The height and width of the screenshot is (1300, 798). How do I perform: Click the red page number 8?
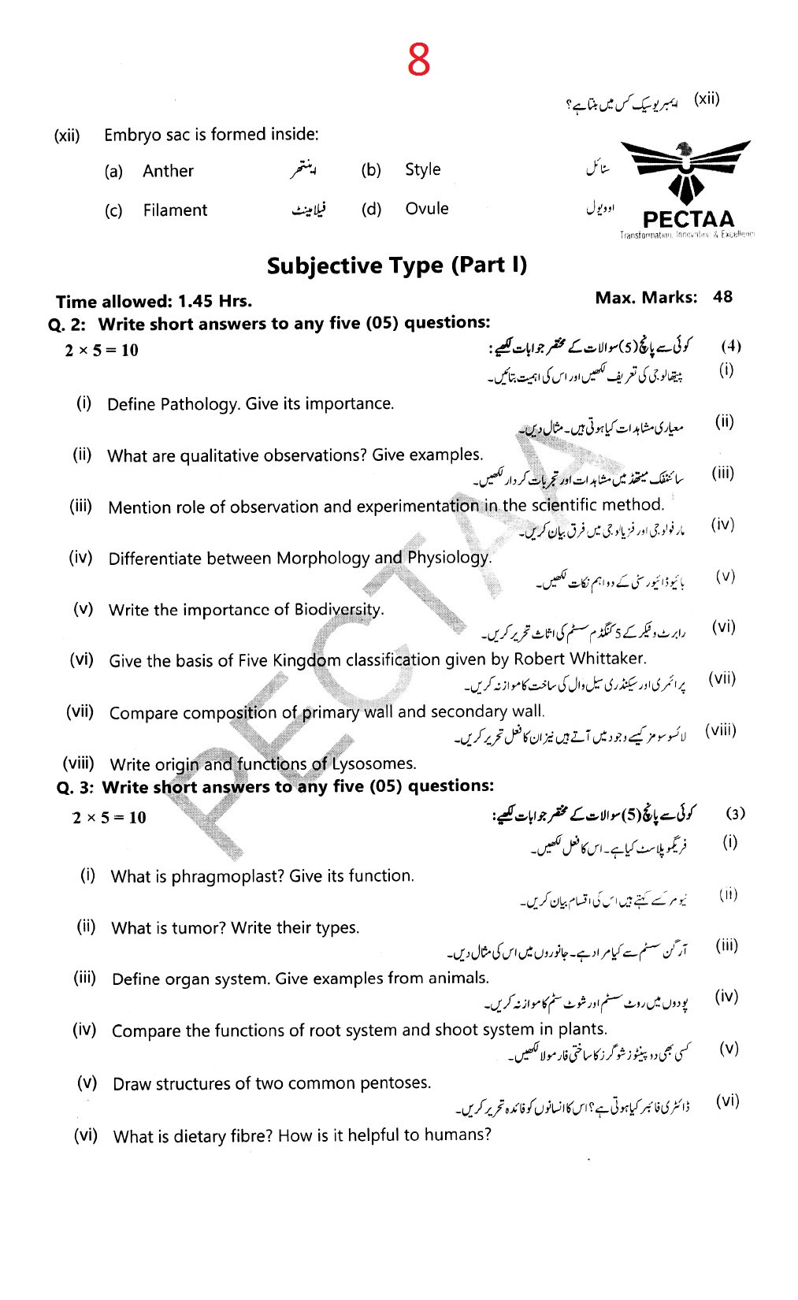[x=419, y=59]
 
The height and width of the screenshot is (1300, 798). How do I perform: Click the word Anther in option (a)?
[x=168, y=171]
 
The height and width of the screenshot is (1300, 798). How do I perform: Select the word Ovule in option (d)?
[x=427, y=209]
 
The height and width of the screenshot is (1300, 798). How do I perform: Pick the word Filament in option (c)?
[x=175, y=210]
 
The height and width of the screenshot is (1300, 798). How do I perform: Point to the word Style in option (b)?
[x=423, y=169]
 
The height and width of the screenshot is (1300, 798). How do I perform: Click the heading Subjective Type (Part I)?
[x=397, y=266]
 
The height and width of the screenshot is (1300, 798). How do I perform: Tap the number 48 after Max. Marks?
[x=722, y=297]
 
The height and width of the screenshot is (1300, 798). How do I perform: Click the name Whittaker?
[x=607, y=659]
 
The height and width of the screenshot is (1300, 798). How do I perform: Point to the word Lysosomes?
[x=374, y=763]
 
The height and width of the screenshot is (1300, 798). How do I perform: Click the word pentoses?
[x=395, y=1083]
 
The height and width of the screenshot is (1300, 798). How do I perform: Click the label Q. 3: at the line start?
[x=76, y=787]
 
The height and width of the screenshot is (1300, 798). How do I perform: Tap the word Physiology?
[x=449, y=558]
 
